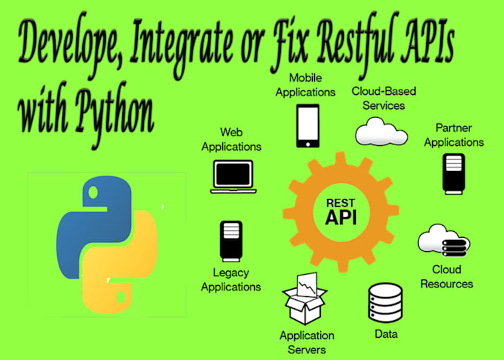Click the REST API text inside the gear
(x=341, y=211)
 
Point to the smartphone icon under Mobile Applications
(x=308, y=126)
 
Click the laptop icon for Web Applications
(x=233, y=176)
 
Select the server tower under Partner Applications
(x=454, y=174)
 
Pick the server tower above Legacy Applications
(x=231, y=241)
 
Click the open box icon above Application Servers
(x=304, y=299)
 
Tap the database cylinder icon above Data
(x=385, y=303)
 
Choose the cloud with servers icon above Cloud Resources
(x=444, y=241)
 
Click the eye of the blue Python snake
(x=93, y=193)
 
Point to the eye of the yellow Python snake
(x=121, y=297)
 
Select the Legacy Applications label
(x=231, y=279)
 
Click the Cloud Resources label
(x=447, y=276)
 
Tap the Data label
(x=386, y=334)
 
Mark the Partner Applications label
(x=454, y=135)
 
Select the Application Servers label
(x=307, y=342)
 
